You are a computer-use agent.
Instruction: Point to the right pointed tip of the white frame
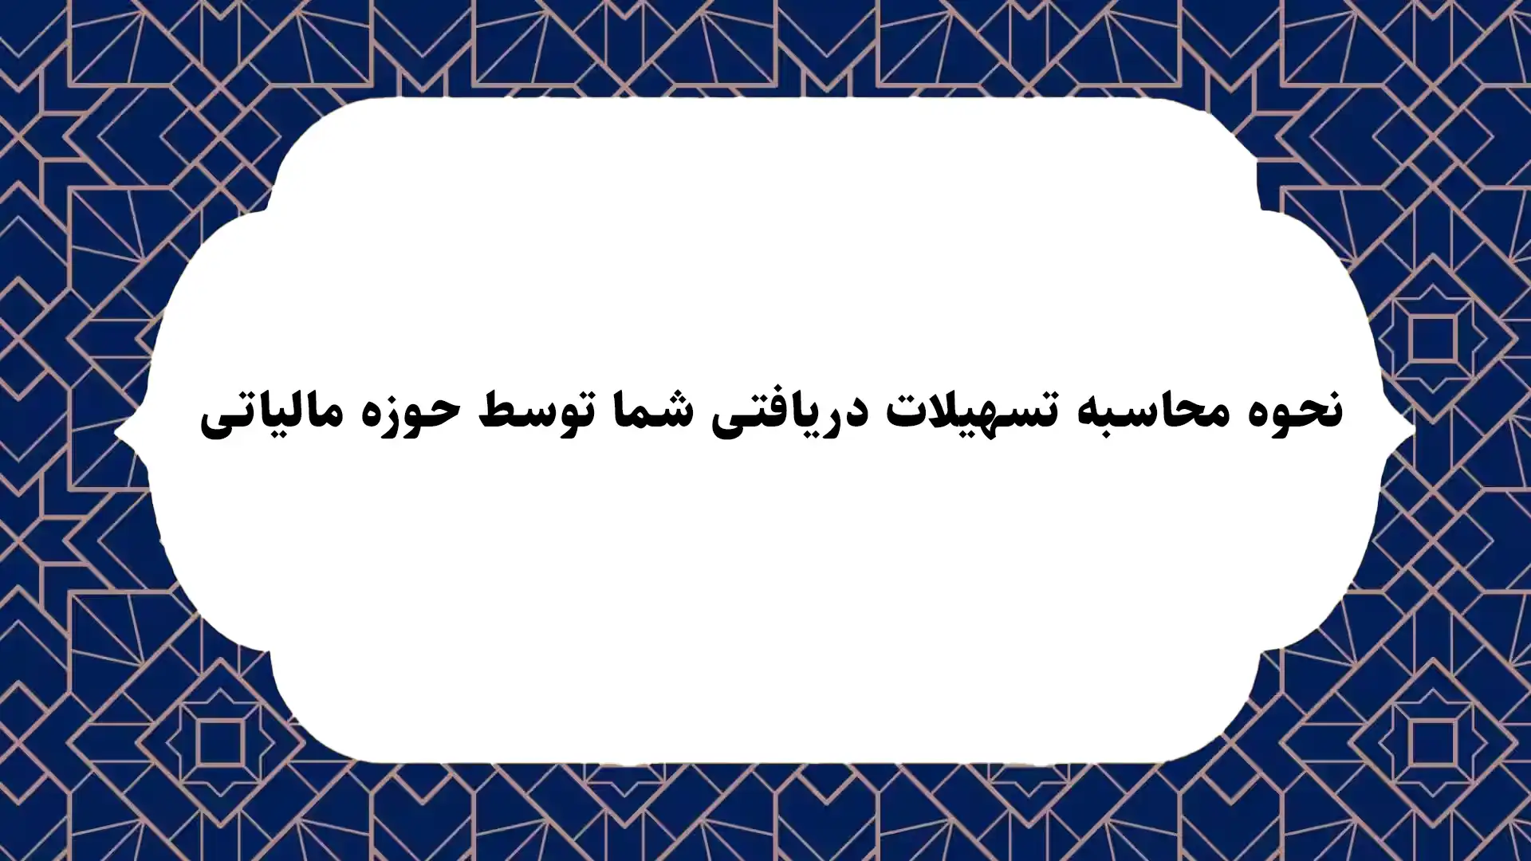pos(1413,432)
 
